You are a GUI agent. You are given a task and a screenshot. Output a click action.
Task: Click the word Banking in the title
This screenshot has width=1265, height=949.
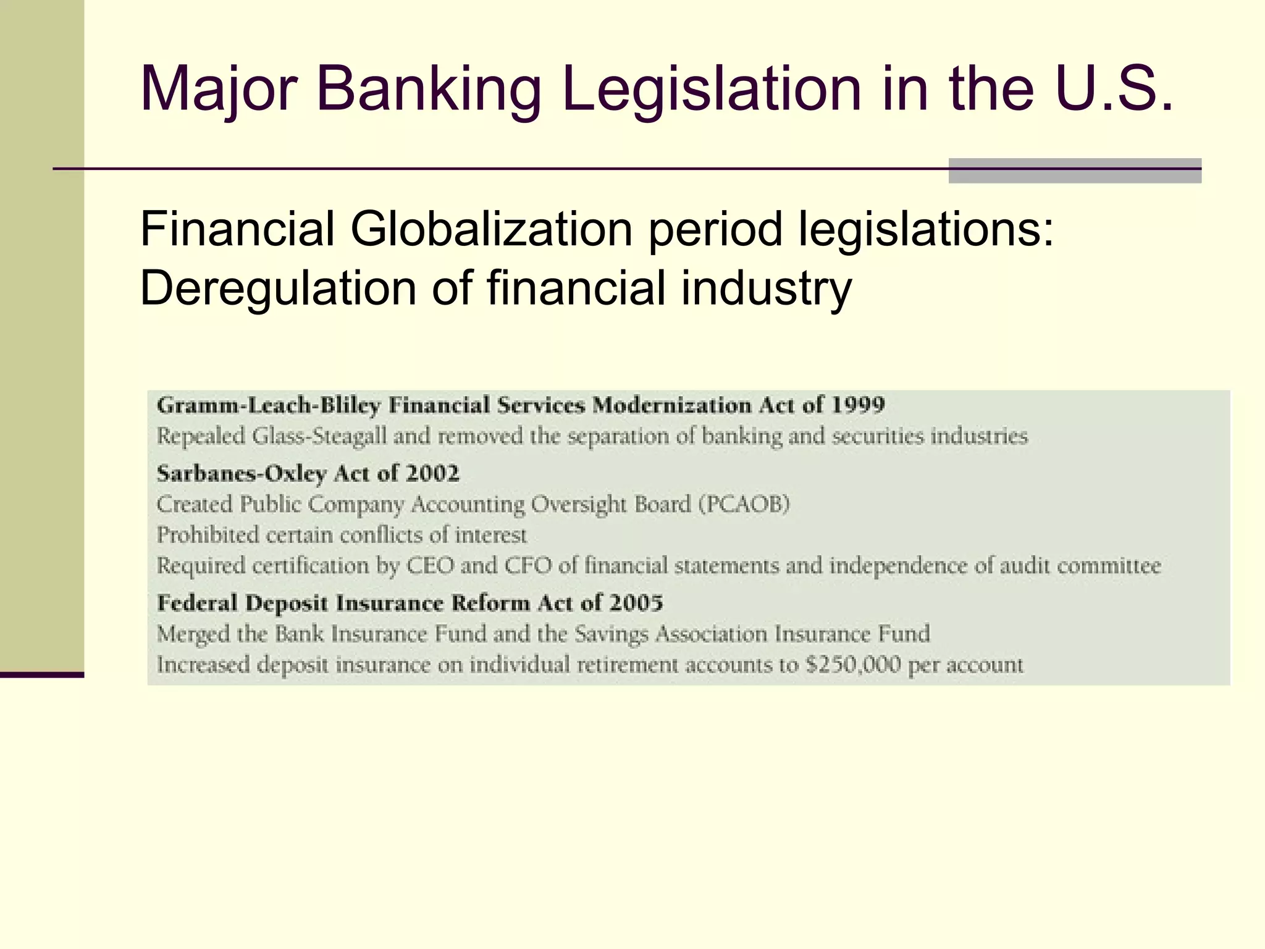click(x=428, y=90)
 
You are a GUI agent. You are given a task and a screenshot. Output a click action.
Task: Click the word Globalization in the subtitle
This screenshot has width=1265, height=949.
click(x=491, y=229)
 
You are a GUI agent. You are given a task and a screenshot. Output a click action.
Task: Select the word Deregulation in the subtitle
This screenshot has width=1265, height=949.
click(x=279, y=289)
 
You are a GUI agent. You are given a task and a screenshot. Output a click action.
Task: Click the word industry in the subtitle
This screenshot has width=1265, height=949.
click(x=767, y=289)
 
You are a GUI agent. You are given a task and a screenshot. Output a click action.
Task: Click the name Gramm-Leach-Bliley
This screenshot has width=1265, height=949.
click(x=269, y=405)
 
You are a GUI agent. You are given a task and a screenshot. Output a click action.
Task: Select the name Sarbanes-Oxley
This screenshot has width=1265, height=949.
click(x=242, y=473)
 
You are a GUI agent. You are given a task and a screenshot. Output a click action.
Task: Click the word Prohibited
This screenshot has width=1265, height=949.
click(x=208, y=535)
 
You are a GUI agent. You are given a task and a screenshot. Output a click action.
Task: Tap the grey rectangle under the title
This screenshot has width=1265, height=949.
click(x=1075, y=171)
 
